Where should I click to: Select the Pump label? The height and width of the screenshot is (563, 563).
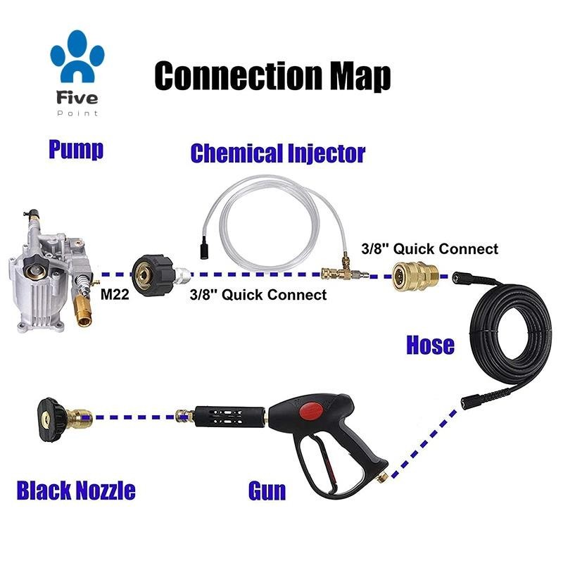76,148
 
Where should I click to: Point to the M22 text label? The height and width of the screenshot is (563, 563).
115,294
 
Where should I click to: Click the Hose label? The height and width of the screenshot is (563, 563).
430,345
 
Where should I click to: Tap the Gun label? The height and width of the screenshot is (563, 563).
267,491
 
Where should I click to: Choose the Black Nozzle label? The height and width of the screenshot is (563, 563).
76,491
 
